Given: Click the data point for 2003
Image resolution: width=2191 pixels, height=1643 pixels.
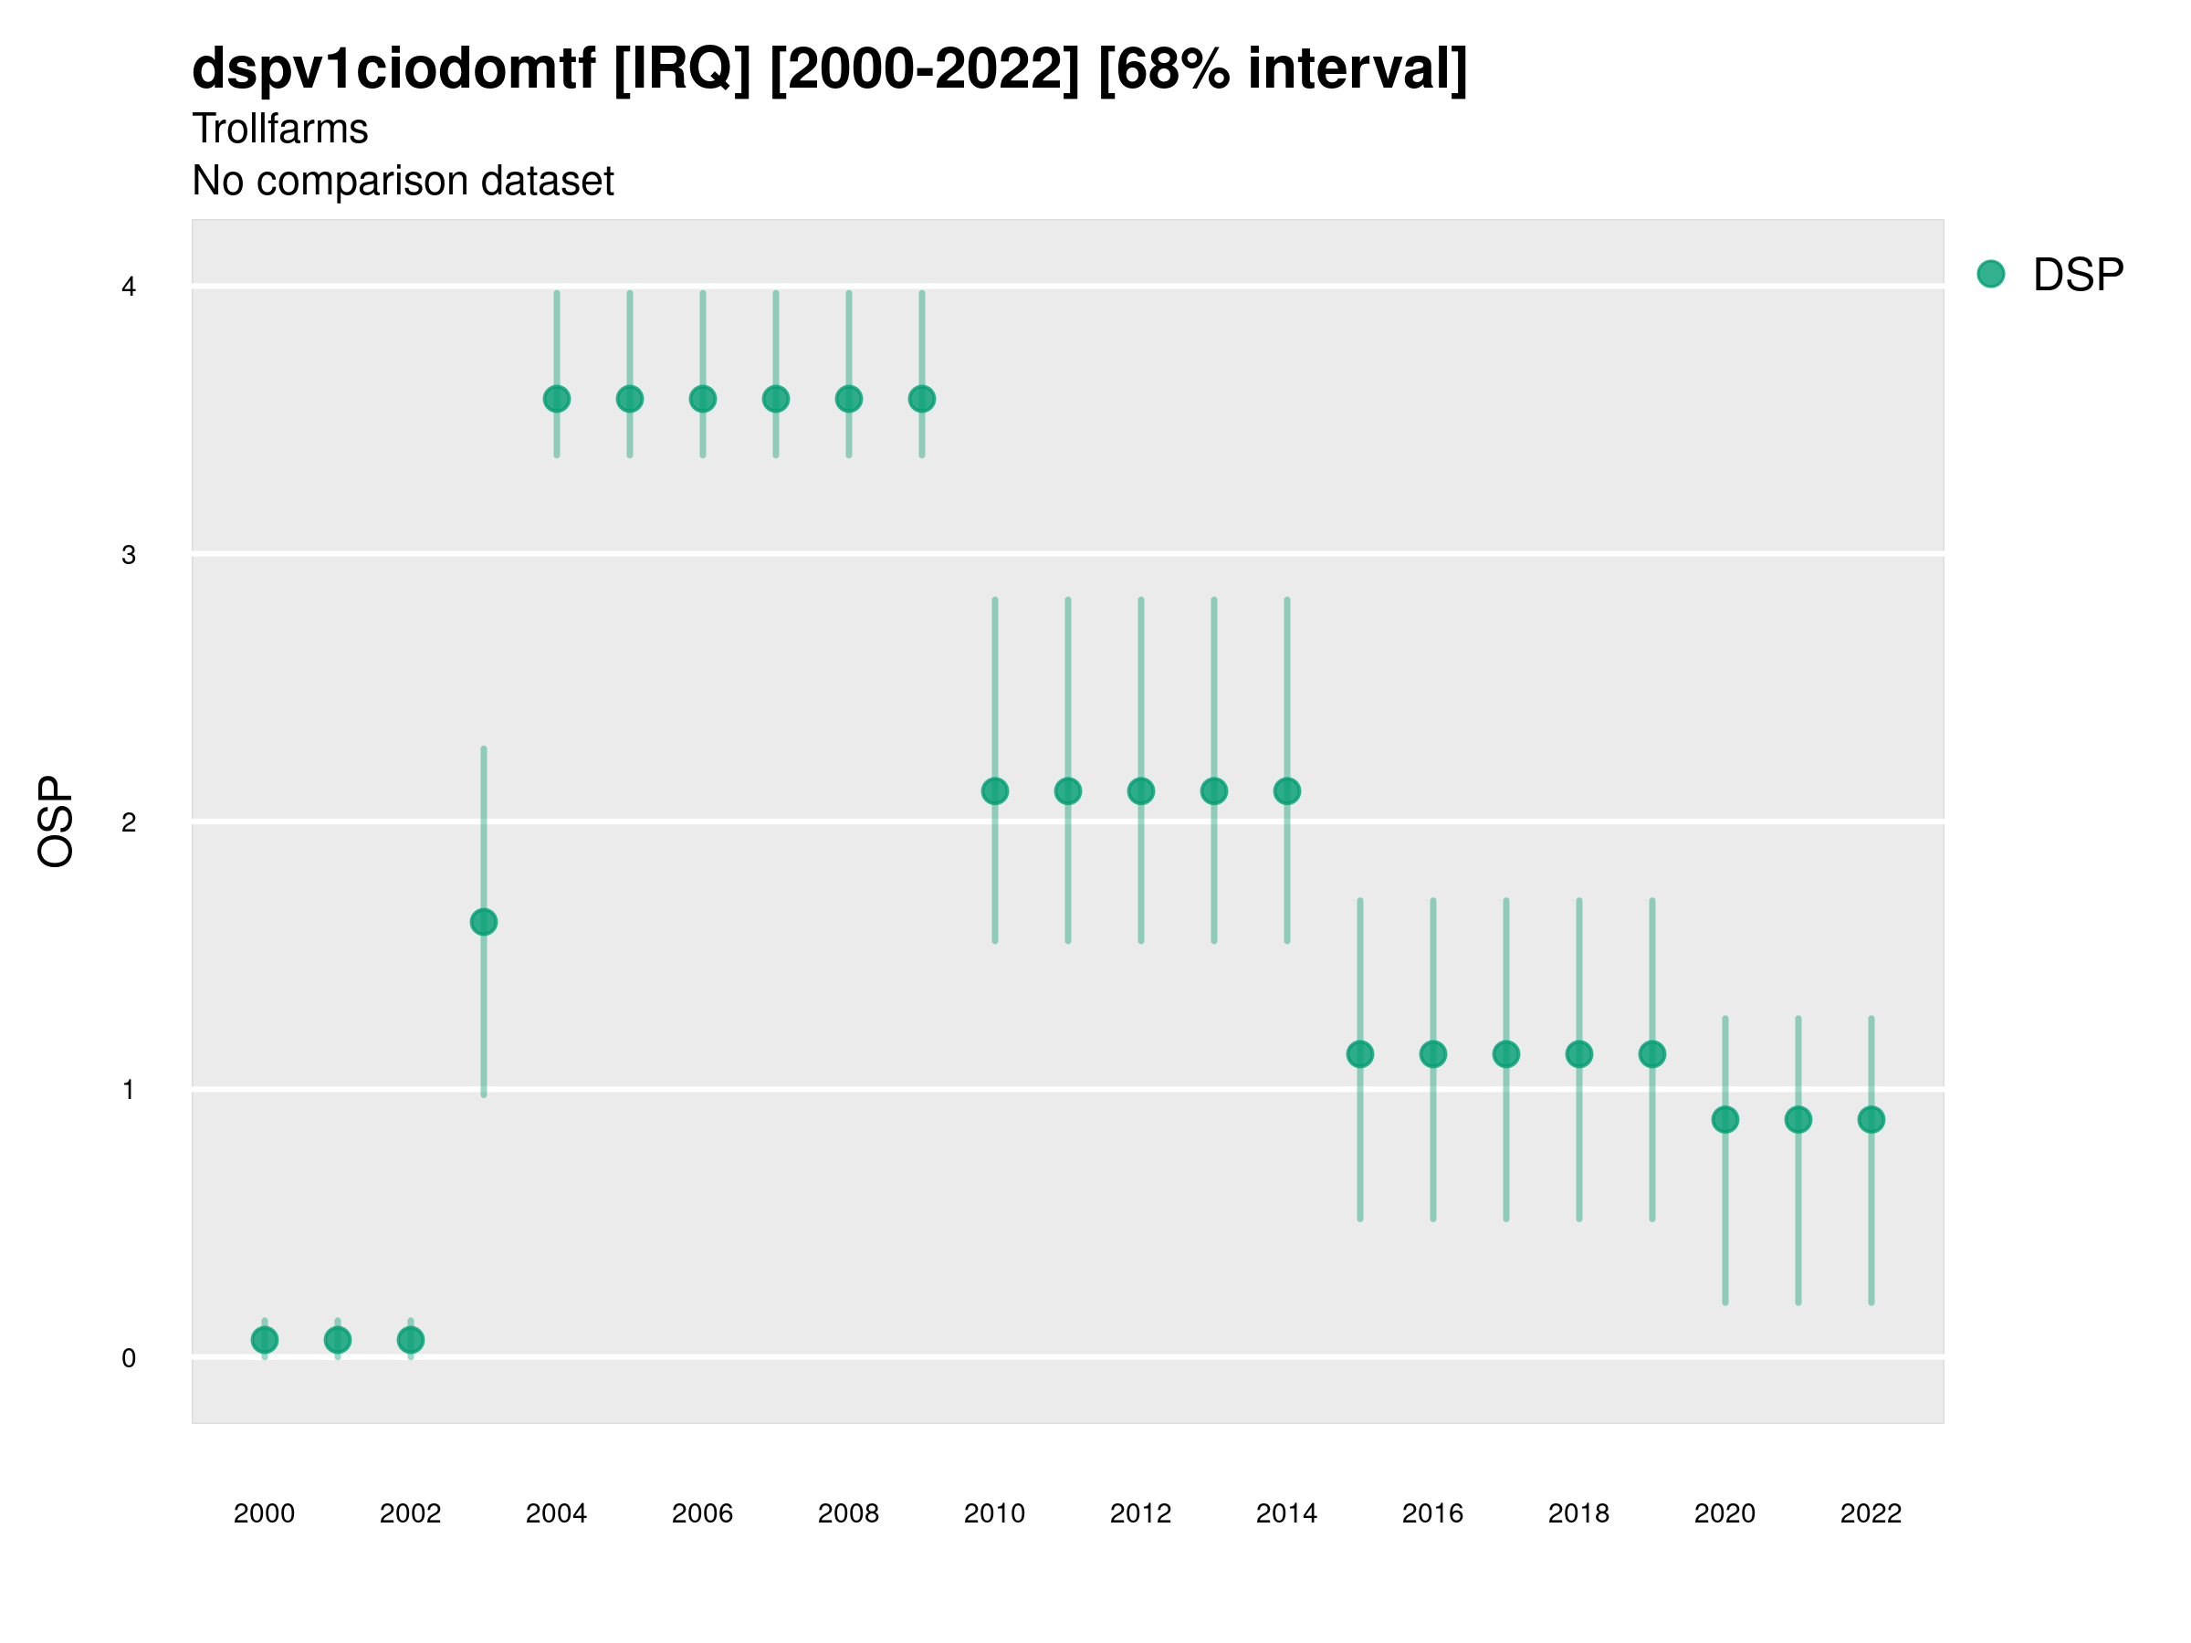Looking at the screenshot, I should click(483, 922).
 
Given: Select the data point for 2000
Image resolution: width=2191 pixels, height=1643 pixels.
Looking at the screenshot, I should click(265, 1340).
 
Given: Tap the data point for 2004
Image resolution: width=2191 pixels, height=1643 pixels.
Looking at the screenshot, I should click(557, 399).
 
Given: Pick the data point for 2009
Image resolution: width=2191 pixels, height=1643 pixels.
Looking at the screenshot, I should click(922, 399).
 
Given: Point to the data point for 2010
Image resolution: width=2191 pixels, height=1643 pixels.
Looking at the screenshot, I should click(994, 791).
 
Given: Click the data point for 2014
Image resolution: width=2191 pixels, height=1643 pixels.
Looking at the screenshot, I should click(1286, 791).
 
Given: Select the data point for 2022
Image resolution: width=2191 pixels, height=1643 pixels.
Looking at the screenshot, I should click(1871, 1120).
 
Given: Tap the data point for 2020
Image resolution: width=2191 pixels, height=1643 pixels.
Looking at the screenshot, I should click(1725, 1120).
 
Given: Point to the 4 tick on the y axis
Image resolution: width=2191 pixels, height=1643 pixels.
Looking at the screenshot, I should click(129, 288).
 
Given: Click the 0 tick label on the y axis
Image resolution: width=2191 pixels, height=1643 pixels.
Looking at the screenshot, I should click(129, 1358).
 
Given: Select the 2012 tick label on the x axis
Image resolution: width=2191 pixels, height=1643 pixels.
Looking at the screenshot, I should click(1140, 1513).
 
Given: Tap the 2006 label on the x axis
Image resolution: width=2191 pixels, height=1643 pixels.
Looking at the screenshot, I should click(702, 1513).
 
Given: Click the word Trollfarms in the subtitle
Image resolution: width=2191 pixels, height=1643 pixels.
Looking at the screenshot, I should click(280, 129).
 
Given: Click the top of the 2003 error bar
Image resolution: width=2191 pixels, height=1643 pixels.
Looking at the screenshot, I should click(483, 749).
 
